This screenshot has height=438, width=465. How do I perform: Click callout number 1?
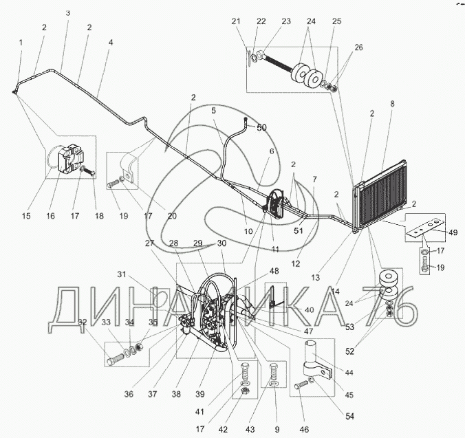[21, 43]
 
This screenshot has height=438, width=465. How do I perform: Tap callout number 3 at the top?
[67, 13]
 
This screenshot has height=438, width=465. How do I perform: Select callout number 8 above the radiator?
[392, 105]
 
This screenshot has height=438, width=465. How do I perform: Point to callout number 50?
[261, 128]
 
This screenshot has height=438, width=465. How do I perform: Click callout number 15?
[26, 217]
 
